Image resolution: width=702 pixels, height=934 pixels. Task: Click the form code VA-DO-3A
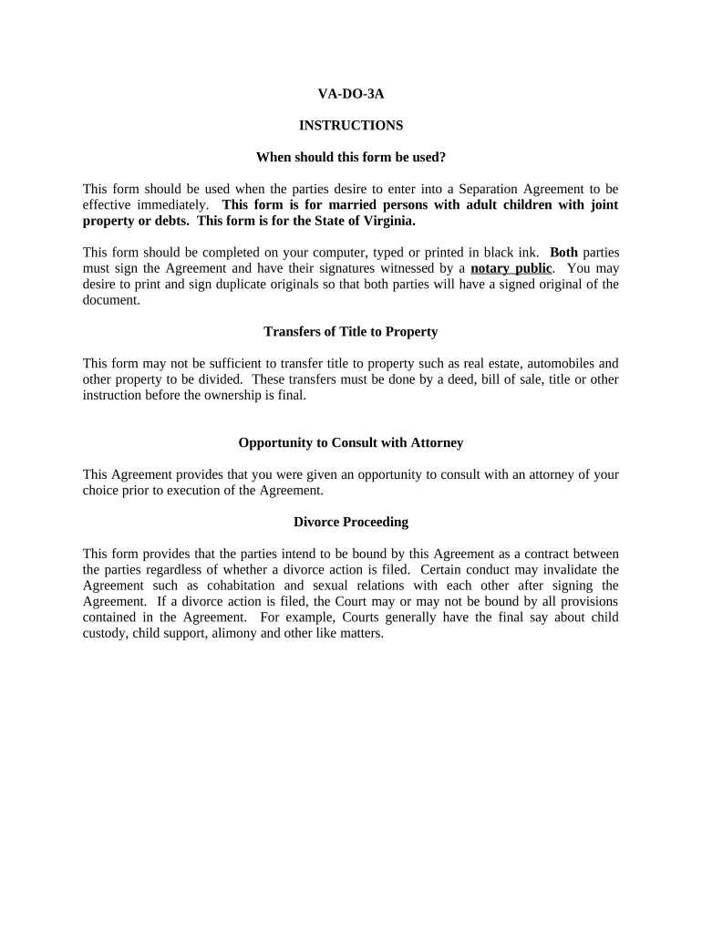coord(351,93)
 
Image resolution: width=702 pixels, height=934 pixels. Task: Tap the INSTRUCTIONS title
coord(351,125)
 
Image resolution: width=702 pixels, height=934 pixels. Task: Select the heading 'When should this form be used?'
coord(351,157)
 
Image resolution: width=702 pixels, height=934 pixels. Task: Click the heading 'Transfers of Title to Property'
coord(351,331)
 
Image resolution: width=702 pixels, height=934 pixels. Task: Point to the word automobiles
coord(557,363)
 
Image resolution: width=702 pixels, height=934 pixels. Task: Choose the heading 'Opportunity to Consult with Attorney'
coord(351,442)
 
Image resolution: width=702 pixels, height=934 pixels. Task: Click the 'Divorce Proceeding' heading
coord(351,522)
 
